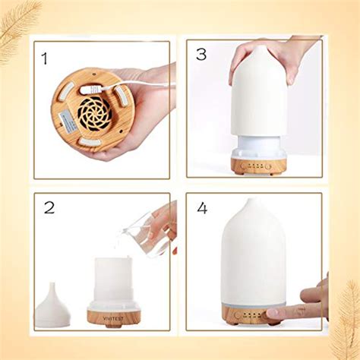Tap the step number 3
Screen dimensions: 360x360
[201, 54]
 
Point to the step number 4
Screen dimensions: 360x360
[202, 207]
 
